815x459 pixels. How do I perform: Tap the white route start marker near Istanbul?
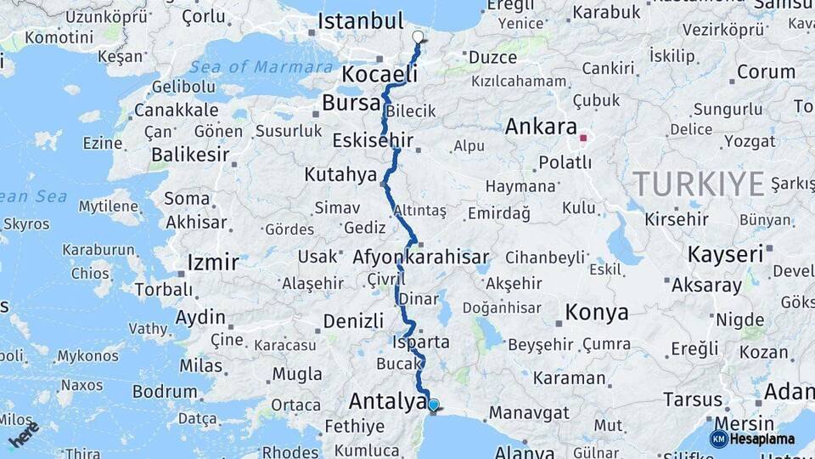tap(418, 37)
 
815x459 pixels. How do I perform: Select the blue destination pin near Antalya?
tap(434, 406)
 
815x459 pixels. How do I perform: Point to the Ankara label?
tap(541, 127)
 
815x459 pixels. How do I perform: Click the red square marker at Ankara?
tap(583, 137)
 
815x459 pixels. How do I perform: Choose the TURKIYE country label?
tap(698, 183)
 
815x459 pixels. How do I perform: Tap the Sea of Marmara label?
tap(261, 67)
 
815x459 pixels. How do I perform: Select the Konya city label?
tap(597, 312)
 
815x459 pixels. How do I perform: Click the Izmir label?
tap(213, 262)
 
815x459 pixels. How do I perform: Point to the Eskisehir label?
tap(373, 140)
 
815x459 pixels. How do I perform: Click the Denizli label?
tap(354, 321)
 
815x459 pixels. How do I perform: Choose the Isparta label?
tap(421, 343)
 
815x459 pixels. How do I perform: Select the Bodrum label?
tap(165, 392)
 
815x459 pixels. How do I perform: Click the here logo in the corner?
tap(25, 433)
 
